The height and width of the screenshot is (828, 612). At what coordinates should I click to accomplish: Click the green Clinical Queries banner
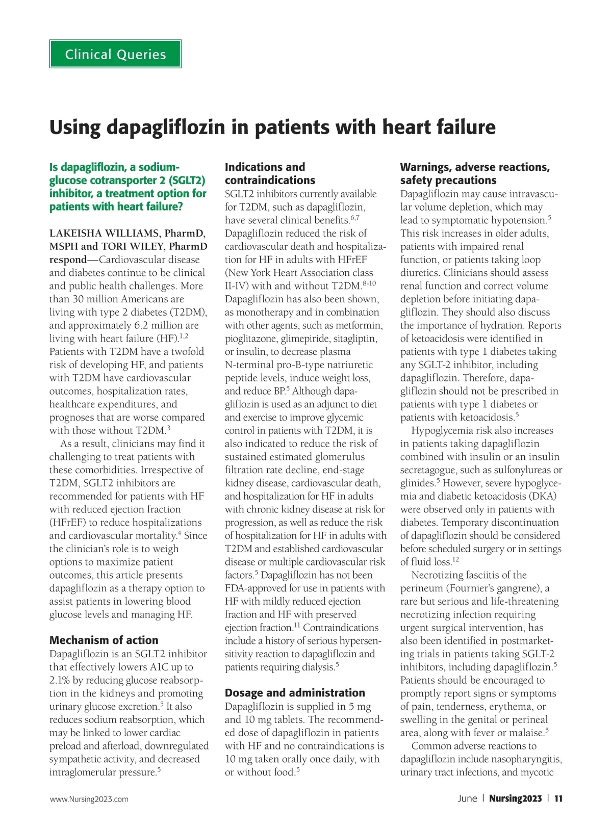tap(115, 54)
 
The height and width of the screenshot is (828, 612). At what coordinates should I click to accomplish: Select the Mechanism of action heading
tap(104, 640)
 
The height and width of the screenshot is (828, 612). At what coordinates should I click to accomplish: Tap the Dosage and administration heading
tap(295, 692)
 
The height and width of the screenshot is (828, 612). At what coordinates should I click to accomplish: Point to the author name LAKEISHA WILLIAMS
tap(104, 234)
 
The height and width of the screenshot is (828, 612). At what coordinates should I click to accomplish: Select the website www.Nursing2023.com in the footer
tap(89, 799)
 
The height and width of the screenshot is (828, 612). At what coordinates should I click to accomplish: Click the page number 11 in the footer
tap(558, 798)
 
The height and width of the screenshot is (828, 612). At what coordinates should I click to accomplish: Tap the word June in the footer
tap(467, 798)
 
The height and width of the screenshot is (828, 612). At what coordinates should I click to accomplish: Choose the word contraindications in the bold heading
tap(270, 180)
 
